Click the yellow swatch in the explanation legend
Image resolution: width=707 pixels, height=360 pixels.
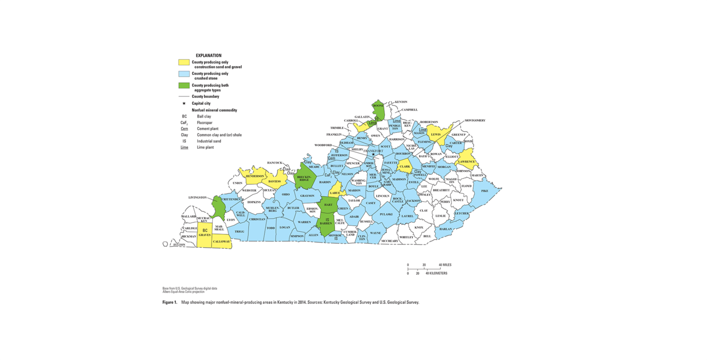click(184, 62)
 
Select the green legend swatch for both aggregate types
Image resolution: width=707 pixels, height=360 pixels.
click(184, 85)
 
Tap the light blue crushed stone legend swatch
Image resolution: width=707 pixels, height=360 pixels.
click(184, 74)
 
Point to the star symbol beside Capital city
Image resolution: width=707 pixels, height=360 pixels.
click(184, 103)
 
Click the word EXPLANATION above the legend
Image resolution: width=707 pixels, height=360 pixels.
click(209, 56)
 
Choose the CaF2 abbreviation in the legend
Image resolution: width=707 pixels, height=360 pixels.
click(184, 122)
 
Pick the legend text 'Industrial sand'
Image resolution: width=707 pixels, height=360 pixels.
click(210, 141)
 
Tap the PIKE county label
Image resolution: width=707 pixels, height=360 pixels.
click(484, 191)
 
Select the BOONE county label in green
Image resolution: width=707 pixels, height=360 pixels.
click(378, 106)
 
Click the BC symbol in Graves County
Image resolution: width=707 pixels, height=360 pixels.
click(205, 230)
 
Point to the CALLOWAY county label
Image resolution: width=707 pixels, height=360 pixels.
click(222, 241)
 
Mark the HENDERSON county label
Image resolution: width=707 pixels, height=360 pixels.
click(255, 176)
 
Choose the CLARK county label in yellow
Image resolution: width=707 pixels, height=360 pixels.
click(405, 166)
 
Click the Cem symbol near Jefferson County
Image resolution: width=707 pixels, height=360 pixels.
click(332, 158)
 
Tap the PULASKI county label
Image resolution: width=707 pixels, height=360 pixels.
click(386, 214)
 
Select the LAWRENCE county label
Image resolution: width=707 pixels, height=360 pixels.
click(466, 161)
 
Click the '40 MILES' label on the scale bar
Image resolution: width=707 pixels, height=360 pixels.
click(445, 265)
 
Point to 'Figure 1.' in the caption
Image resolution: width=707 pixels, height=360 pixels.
click(169, 302)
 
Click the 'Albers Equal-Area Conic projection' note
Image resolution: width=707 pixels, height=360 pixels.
click(183, 292)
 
